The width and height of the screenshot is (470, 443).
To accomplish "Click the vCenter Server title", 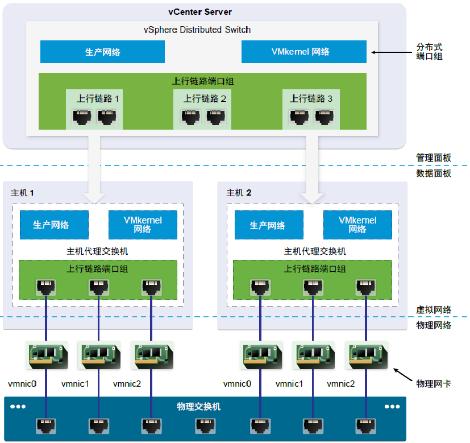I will [200, 12].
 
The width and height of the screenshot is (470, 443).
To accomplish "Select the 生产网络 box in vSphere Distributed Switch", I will [102, 52].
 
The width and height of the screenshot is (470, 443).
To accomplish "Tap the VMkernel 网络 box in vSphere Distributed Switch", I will [303, 52].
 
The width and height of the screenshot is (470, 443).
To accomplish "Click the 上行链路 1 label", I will [98, 98].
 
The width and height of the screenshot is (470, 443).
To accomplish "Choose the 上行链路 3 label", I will [311, 98].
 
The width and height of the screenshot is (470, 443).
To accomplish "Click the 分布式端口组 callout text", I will [429, 51].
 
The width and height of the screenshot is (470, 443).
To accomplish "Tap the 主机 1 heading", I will [23, 193].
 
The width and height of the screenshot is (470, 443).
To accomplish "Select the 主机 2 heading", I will [239, 193].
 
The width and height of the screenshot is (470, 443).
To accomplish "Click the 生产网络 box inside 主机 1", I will [54, 225].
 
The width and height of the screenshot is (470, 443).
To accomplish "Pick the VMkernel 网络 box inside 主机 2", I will [357, 225].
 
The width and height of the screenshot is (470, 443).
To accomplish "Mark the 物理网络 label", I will [434, 325].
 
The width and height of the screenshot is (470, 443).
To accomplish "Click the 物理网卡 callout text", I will [434, 384].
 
